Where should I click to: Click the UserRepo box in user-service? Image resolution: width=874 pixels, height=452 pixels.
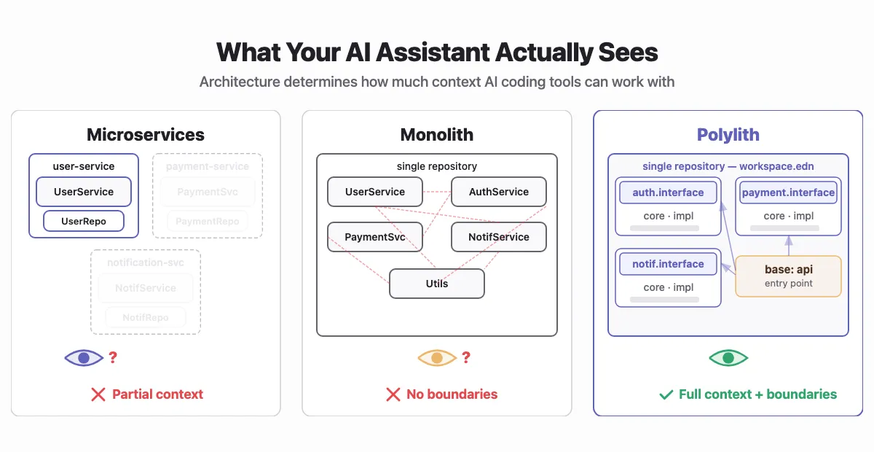tap(84, 221)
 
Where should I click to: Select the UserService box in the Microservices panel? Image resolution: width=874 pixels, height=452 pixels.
tap(84, 192)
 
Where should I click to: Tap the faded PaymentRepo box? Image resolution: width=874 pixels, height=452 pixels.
tap(208, 221)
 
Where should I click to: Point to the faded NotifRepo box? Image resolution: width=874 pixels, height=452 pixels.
tap(146, 317)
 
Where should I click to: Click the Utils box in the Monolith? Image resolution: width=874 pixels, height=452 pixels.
tap(437, 284)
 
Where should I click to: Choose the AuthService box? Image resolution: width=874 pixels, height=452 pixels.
tap(499, 192)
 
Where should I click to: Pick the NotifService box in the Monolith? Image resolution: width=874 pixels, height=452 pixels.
tap(499, 237)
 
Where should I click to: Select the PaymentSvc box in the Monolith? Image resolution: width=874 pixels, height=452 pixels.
tap(375, 237)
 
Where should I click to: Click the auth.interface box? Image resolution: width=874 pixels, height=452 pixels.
tap(668, 192)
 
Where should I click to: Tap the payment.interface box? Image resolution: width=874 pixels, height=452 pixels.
tap(788, 192)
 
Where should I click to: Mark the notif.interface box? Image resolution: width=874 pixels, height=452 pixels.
tap(668, 264)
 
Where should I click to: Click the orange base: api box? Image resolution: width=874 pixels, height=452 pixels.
tap(788, 276)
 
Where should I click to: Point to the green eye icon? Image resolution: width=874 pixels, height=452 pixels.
tap(728, 358)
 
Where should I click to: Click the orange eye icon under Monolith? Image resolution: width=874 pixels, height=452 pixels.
tap(436, 358)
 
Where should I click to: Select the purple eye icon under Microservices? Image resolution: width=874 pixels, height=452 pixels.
tap(84, 358)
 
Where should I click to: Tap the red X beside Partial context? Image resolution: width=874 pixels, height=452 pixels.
tap(98, 394)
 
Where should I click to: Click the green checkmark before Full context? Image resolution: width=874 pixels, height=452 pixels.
tap(666, 394)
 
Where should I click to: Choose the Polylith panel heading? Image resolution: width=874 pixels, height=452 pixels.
tap(728, 135)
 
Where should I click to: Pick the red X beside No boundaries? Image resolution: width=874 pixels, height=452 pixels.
tap(393, 394)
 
